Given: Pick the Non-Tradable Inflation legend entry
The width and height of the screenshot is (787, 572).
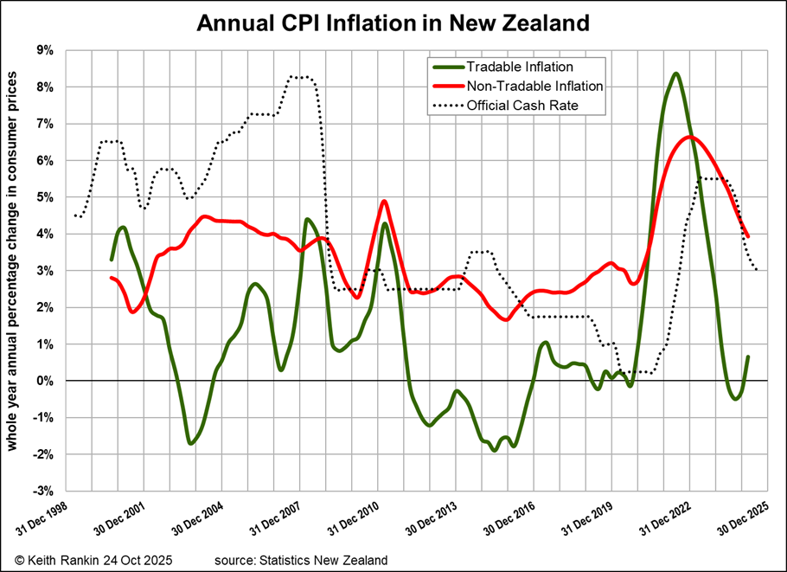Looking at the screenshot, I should click(534, 86).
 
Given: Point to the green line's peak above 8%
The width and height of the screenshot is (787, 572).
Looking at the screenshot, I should click(675, 74).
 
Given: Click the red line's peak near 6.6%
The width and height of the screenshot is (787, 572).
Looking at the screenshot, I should click(689, 138).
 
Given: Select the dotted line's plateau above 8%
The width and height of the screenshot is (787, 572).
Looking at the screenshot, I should click(299, 77).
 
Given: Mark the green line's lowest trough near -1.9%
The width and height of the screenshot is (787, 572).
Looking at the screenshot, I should click(494, 450).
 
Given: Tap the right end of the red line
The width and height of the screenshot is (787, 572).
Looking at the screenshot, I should click(748, 236).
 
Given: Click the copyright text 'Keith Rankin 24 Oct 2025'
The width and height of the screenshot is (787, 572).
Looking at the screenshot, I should click(93, 560).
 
